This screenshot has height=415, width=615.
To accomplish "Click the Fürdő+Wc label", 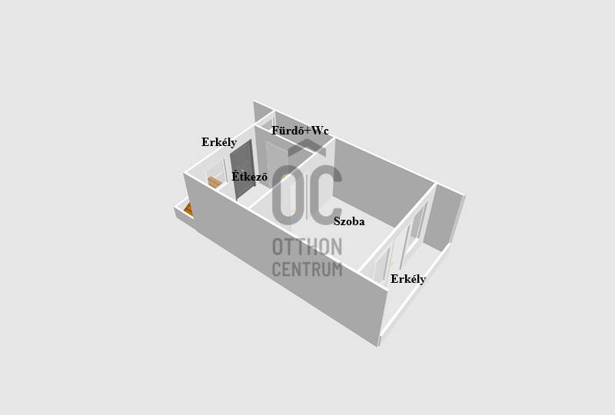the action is coord(300,131).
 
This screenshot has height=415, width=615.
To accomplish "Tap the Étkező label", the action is coord(249,177).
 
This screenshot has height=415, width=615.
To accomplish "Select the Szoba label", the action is coord(349,221).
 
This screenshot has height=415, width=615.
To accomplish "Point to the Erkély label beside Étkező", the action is coord(219,142).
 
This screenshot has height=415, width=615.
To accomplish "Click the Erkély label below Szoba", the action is coord(408,279).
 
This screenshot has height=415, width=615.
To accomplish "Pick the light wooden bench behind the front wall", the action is coord(214,182).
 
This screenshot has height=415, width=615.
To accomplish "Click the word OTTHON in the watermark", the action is coord(307,247).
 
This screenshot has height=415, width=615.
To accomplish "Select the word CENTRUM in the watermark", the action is coord(307,270).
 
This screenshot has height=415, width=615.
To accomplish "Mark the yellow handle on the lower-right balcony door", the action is coord(391,264).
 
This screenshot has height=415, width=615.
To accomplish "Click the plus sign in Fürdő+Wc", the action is coord(307,131).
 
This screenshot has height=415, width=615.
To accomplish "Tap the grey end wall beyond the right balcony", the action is coord(445,220).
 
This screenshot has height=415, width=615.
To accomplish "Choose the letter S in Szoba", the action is coord(337,221).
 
